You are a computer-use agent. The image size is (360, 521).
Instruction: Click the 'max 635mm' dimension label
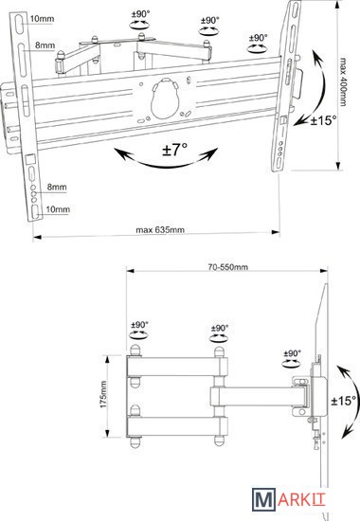click(x=160, y=229)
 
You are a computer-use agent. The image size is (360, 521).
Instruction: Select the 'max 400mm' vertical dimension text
click(x=343, y=82)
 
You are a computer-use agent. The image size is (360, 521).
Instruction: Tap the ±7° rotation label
click(x=175, y=149)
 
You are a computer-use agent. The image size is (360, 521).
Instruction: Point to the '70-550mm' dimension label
click(x=228, y=267)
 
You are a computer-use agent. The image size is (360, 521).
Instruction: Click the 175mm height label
click(x=103, y=394)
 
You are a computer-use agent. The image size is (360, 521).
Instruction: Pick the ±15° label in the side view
click(x=344, y=401)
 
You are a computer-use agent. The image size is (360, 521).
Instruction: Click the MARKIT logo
click(x=288, y=498)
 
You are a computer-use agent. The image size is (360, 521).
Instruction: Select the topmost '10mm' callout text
click(x=42, y=19)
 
